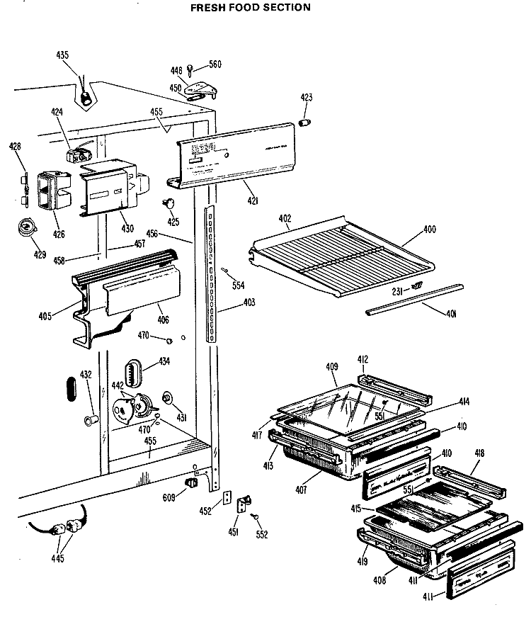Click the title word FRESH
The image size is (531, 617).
click(210, 8)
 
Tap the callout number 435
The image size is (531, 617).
click(63, 54)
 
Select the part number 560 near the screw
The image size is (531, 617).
click(215, 64)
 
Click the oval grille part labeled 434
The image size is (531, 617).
click(135, 371)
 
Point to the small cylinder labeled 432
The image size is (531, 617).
click(90, 421)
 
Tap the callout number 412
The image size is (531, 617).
click(362, 360)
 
